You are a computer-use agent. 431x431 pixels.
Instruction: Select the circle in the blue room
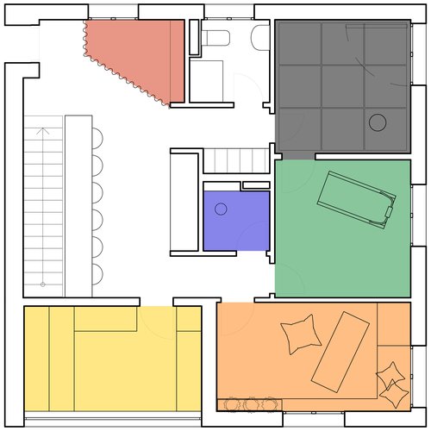coord(221,209)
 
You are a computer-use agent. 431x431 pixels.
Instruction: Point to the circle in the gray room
coord(378,122)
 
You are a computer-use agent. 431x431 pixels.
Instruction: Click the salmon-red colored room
coord(147,56)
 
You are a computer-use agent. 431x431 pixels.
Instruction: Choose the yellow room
coord(112,366)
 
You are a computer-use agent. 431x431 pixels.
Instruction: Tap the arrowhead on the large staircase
coord(43,132)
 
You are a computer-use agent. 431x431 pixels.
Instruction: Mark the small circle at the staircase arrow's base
coord(42,284)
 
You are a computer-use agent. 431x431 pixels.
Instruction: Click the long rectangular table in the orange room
coord(340,350)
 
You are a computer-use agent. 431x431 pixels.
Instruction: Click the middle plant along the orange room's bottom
coord(252,403)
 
